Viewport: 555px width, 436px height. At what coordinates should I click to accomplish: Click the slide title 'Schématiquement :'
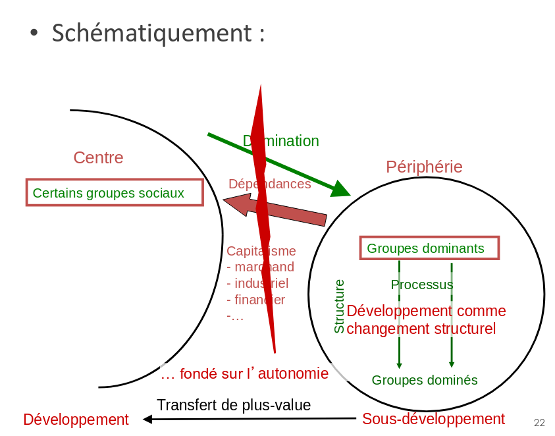click(x=158, y=33)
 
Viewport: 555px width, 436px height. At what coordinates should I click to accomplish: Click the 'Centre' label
click(x=98, y=157)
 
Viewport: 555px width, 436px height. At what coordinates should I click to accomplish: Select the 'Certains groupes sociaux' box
click(x=115, y=193)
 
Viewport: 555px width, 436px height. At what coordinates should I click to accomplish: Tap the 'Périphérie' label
click(x=424, y=167)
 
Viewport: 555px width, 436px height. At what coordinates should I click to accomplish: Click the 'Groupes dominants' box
click(x=429, y=248)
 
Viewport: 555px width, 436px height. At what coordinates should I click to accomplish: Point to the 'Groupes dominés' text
click(x=424, y=380)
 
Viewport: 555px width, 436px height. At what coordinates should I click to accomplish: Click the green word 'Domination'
click(x=282, y=141)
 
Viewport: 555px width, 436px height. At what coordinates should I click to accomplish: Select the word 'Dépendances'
click(x=269, y=184)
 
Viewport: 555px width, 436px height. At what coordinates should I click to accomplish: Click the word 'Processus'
click(x=421, y=285)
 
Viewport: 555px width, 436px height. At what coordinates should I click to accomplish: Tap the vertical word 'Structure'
click(x=339, y=306)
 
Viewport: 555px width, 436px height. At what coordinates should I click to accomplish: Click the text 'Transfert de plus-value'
click(x=233, y=405)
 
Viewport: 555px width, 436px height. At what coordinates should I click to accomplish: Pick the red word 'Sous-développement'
click(x=433, y=419)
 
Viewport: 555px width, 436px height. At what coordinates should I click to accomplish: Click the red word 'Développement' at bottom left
click(x=76, y=420)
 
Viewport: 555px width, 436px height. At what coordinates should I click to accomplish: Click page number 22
click(x=539, y=423)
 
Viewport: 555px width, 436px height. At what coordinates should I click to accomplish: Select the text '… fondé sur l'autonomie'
click(x=244, y=374)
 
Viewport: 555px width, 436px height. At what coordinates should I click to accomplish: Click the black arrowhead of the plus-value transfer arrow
click(x=147, y=419)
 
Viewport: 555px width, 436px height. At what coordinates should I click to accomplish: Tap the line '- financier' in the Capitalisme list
click(x=255, y=300)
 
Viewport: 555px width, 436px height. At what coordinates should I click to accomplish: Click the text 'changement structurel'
click(x=421, y=329)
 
